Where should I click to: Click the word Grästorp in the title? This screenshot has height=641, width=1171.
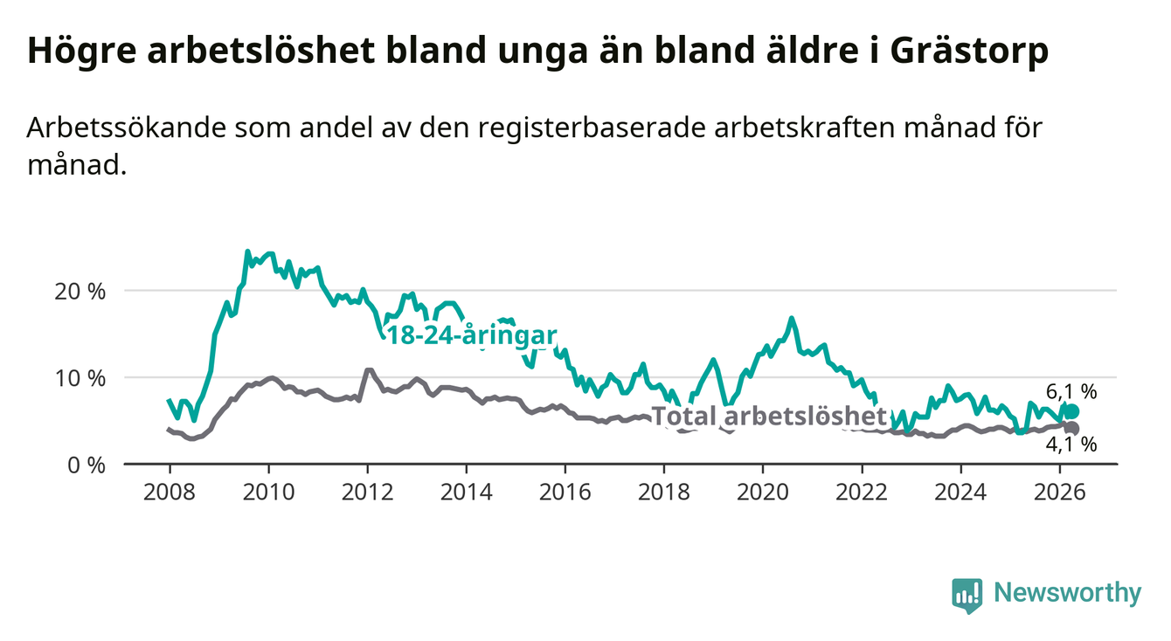point(968,52)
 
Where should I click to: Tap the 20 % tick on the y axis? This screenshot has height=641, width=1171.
point(80,292)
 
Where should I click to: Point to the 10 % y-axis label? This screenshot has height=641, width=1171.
point(80,378)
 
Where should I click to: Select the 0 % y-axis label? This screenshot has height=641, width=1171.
point(87,465)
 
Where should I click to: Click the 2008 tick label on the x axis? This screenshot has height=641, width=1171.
point(170,493)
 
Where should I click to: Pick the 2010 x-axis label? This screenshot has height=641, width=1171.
point(268,493)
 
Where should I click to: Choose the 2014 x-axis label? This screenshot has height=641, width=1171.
point(467,493)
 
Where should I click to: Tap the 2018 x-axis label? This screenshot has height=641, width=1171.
point(664,493)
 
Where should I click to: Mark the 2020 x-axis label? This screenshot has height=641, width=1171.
point(763,493)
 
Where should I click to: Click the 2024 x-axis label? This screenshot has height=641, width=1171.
point(960,493)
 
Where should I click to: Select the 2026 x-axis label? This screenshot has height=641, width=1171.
point(1060,493)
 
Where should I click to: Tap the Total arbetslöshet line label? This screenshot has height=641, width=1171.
point(769,417)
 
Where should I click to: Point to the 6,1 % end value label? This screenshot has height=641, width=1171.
point(1071,391)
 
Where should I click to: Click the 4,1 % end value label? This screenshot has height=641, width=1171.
point(1071,444)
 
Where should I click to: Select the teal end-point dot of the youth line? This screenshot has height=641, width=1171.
point(1071,411)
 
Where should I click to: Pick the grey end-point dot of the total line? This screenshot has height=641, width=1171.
point(1071,428)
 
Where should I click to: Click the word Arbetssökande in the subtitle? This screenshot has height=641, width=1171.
point(126,128)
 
